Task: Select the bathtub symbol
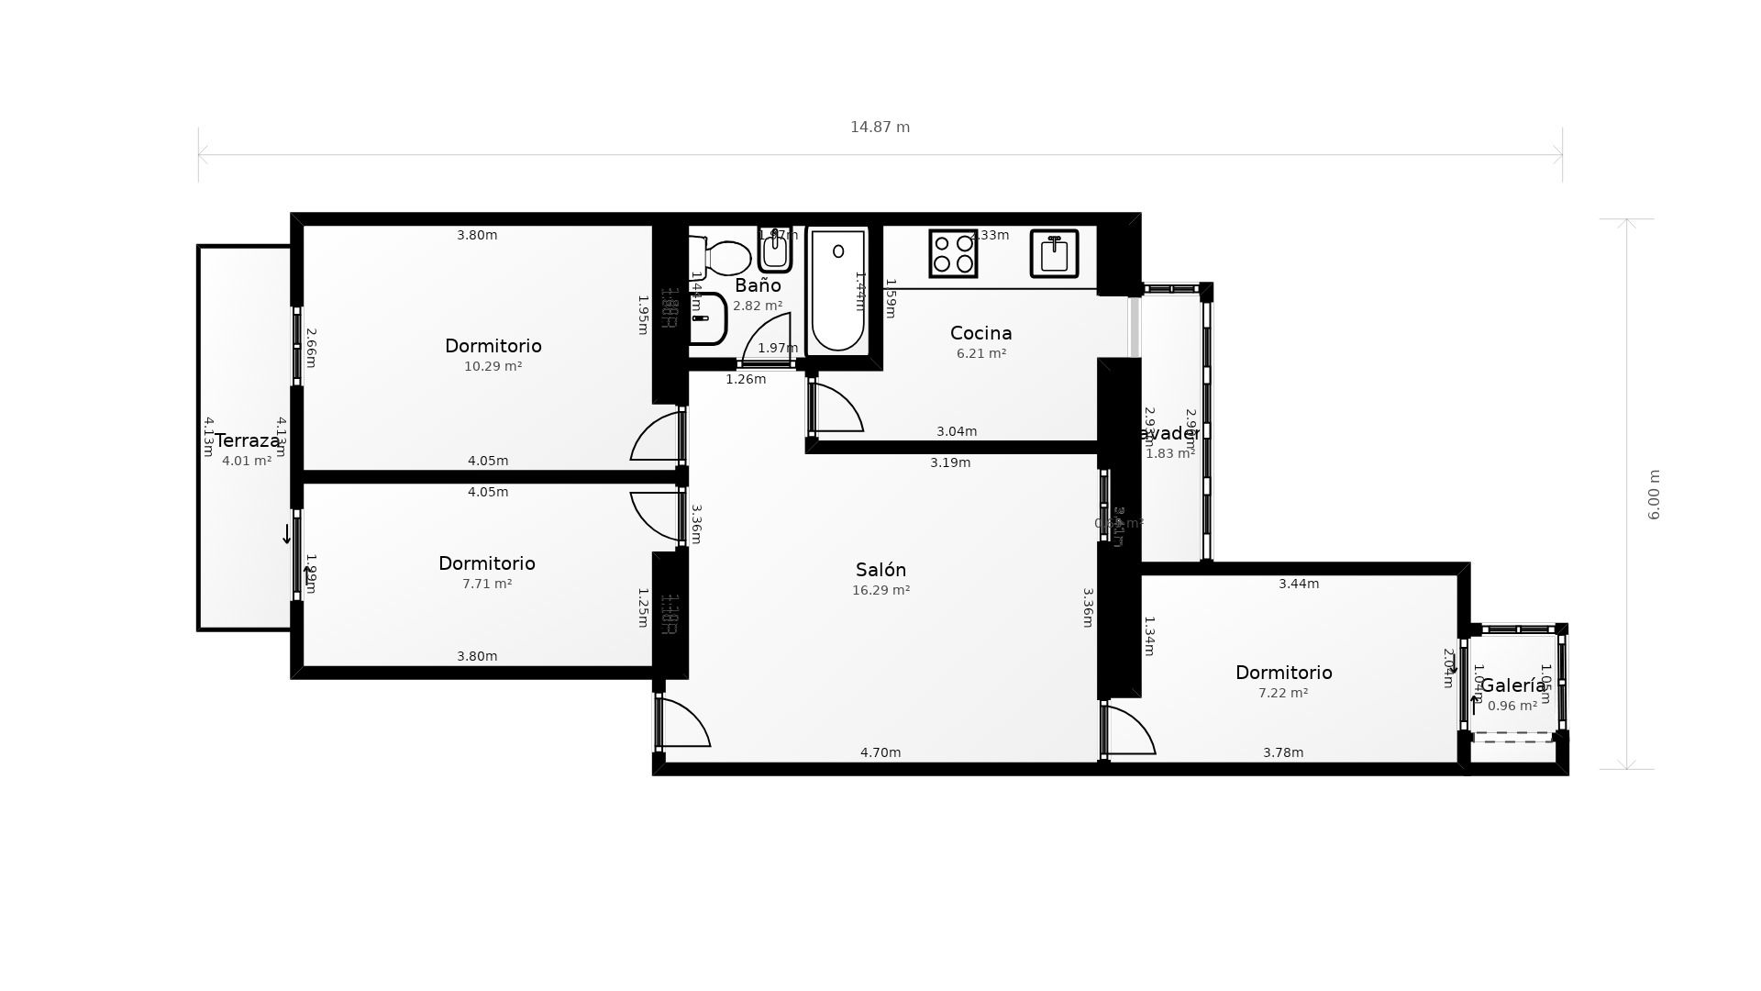pos(837,290)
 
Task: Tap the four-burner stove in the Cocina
pos(953,253)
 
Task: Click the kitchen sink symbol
pos(1054,253)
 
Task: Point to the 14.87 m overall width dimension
pos(880,128)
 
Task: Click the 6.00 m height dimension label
pos(1654,495)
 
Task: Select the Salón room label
pos(880,570)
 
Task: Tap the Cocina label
pos(980,333)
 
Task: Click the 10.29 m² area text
pos(493,366)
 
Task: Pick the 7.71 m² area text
pos(487,584)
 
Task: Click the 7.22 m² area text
pos(1283,693)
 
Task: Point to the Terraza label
pos(247,440)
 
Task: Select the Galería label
pos(1513,685)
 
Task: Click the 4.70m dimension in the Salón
pos(880,752)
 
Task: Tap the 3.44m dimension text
pos(1299,584)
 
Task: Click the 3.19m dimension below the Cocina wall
pos(950,462)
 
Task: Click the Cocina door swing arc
pos(839,408)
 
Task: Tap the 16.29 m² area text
pos(880,590)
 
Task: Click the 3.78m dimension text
pos(1283,752)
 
